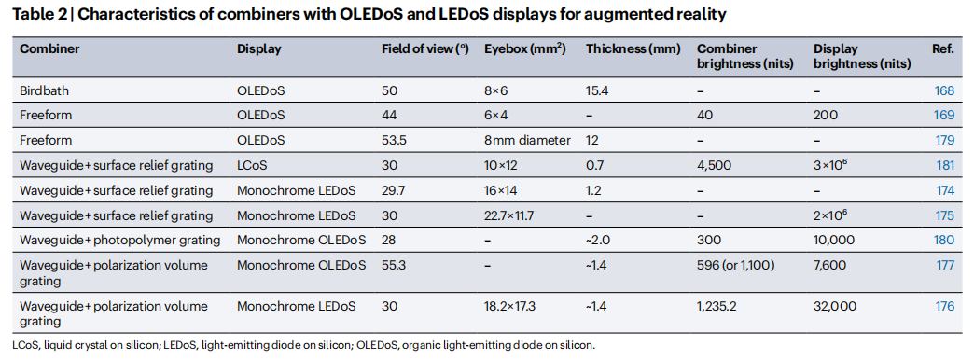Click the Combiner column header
(49, 49)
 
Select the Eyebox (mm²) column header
(525, 49)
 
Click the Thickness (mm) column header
(633, 49)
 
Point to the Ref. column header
(943, 49)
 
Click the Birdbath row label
(44, 90)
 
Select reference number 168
(944, 90)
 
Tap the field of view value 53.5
(395, 140)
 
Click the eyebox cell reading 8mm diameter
(527, 140)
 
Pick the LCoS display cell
(252, 165)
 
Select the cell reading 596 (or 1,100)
(736, 266)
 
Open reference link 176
(944, 306)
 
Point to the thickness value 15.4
(598, 90)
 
